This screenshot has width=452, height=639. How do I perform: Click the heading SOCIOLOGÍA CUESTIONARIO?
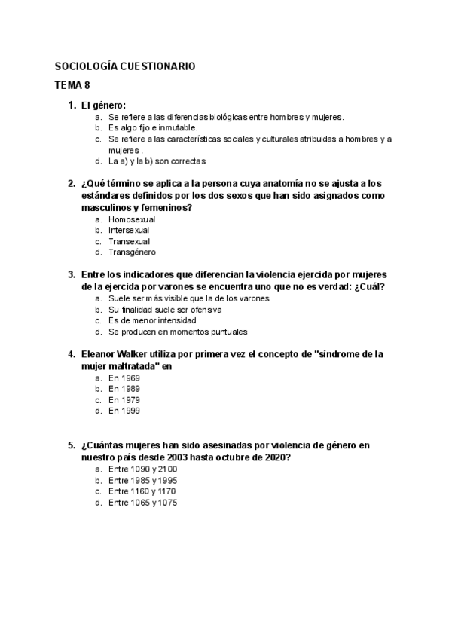tap(125, 66)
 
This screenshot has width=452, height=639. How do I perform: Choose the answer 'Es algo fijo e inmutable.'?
tap(153, 128)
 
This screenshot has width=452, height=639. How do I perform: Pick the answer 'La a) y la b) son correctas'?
tap(157, 161)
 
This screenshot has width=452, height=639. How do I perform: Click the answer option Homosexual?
tap(132, 219)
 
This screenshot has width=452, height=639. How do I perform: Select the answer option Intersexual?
tap(129, 230)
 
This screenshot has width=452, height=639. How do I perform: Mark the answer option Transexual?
tap(129, 241)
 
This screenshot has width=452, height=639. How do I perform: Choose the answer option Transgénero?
tap(132, 252)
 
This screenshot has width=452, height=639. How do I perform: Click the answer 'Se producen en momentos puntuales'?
tap(178, 332)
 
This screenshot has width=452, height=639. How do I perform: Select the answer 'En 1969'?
tap(124, 378)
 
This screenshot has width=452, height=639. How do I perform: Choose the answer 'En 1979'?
tap(124, 400)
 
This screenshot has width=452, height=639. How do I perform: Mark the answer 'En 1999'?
tap(124, 411)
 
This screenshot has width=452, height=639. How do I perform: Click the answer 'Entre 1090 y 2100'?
tap(142, 469)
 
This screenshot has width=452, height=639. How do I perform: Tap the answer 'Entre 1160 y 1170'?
tap(142, 491)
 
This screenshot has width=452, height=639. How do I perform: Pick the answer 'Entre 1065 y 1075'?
tap(142, 503)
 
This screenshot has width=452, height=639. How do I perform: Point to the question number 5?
tap(71, 445)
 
